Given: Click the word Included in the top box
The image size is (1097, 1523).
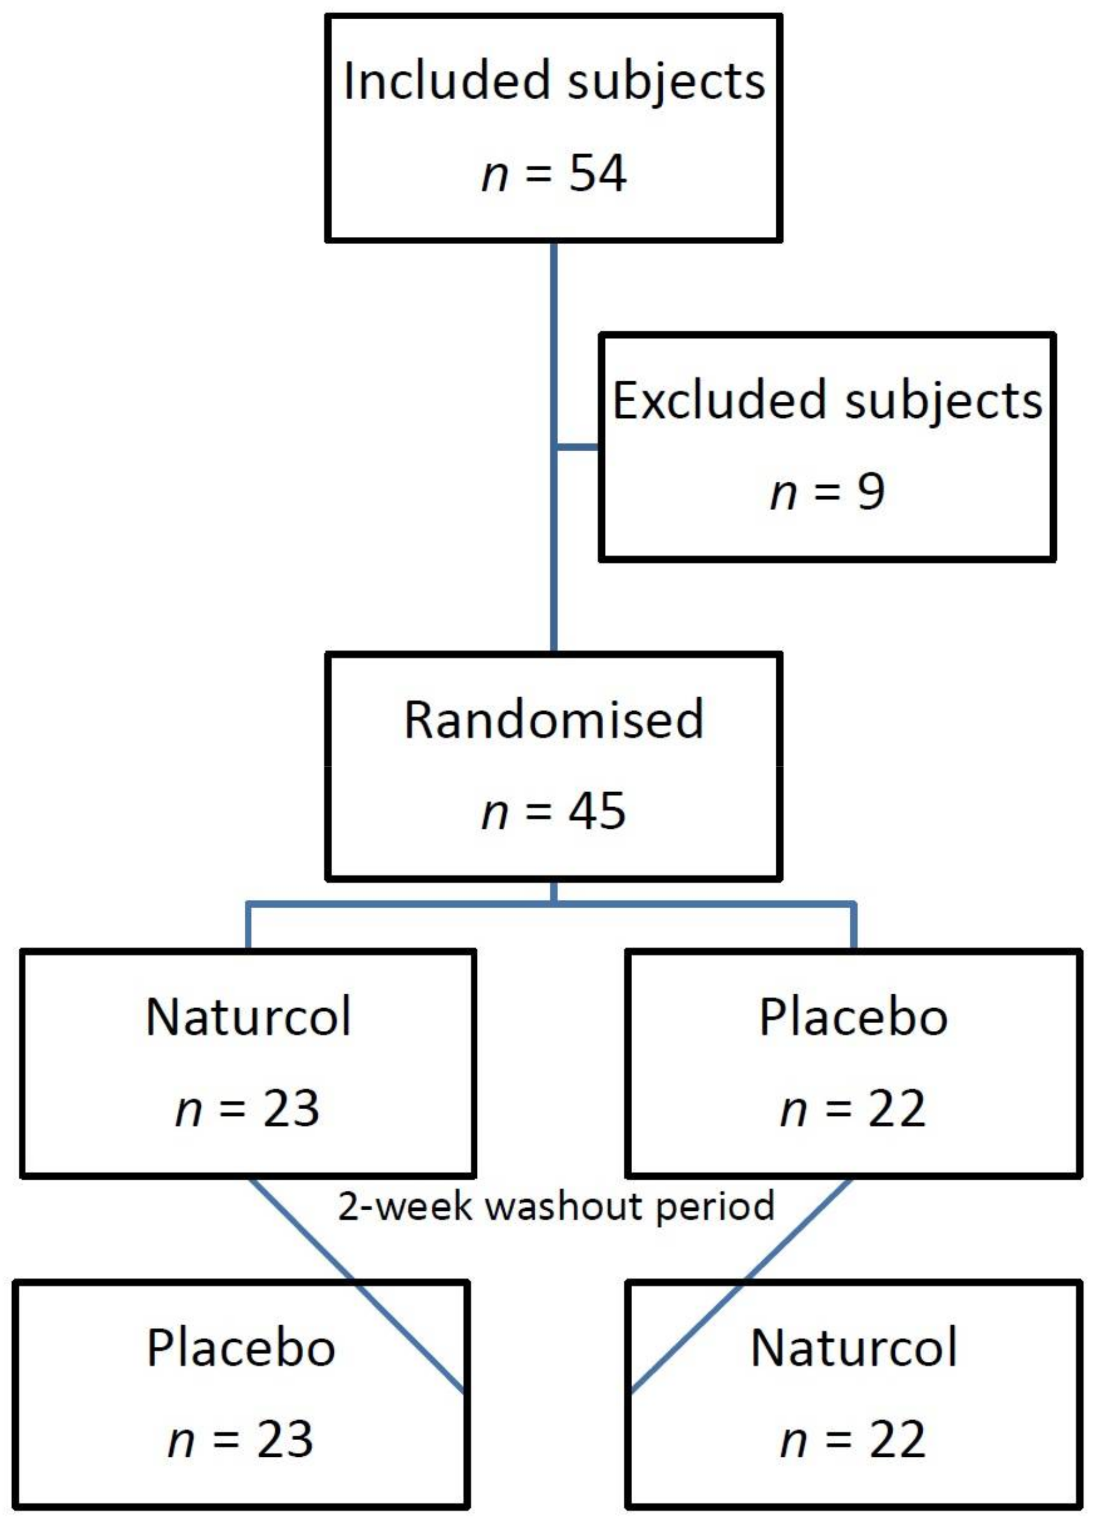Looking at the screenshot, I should (449, 81).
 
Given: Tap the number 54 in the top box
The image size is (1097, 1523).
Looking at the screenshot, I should (597, 173).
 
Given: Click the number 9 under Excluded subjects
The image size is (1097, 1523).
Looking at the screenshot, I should (870, 492).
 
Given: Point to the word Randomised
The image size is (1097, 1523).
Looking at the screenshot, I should (553, 719).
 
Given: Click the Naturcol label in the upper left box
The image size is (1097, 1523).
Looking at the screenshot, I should (248, 1017).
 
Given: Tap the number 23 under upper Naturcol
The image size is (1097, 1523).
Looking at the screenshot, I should (290, 1109).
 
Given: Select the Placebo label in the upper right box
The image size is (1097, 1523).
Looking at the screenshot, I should (853, 1017).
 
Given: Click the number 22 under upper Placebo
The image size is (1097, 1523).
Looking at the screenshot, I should (896, 1109).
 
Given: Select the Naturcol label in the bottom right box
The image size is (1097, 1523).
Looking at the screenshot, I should (853, 1348).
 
